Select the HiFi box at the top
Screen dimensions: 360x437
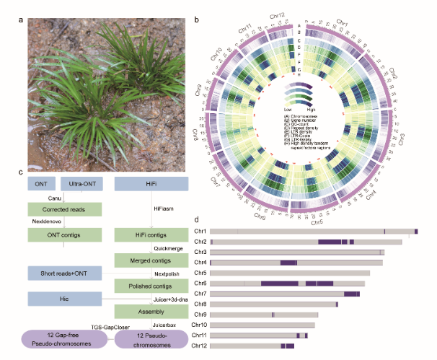click(x=151, y=185)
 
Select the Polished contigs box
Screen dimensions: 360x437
click(x=151, y=286)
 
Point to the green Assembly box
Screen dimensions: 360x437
click(x=151, y=312)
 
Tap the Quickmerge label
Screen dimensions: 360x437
click(x=150, y=248)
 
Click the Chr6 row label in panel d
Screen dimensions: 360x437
click(x=200, y=284)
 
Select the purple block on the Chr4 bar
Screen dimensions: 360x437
click(x=288, y=263)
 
